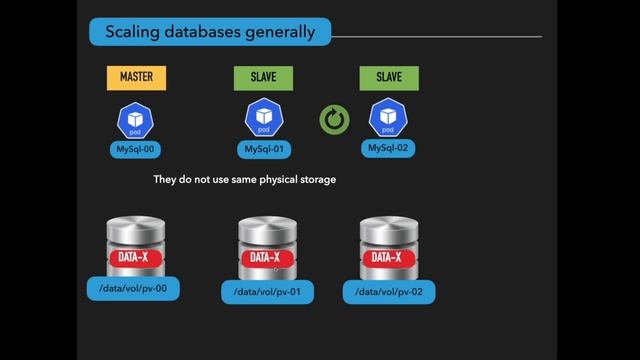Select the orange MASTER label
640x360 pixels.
(x=136, y=77)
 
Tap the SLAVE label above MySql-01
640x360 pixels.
(x=263, y=77)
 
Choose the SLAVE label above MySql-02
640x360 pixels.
(x=389, y=77)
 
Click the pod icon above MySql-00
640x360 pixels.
(x=135, y=119)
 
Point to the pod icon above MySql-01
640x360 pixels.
(x=263, y=119)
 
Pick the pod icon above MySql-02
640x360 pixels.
(x=389, y=119)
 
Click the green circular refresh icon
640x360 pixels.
(x=334, y=121)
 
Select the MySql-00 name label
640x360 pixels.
(x=135, y=150)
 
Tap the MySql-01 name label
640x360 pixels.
(x=263, y=150)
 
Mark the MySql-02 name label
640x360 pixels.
(x=389, y=149)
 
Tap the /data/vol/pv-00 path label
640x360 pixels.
(x=134, y=289)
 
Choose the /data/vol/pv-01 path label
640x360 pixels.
(x=267, y=292)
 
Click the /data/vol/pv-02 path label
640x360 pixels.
(x=389, y=292)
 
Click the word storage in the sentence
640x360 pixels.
(x=316, y=180)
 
